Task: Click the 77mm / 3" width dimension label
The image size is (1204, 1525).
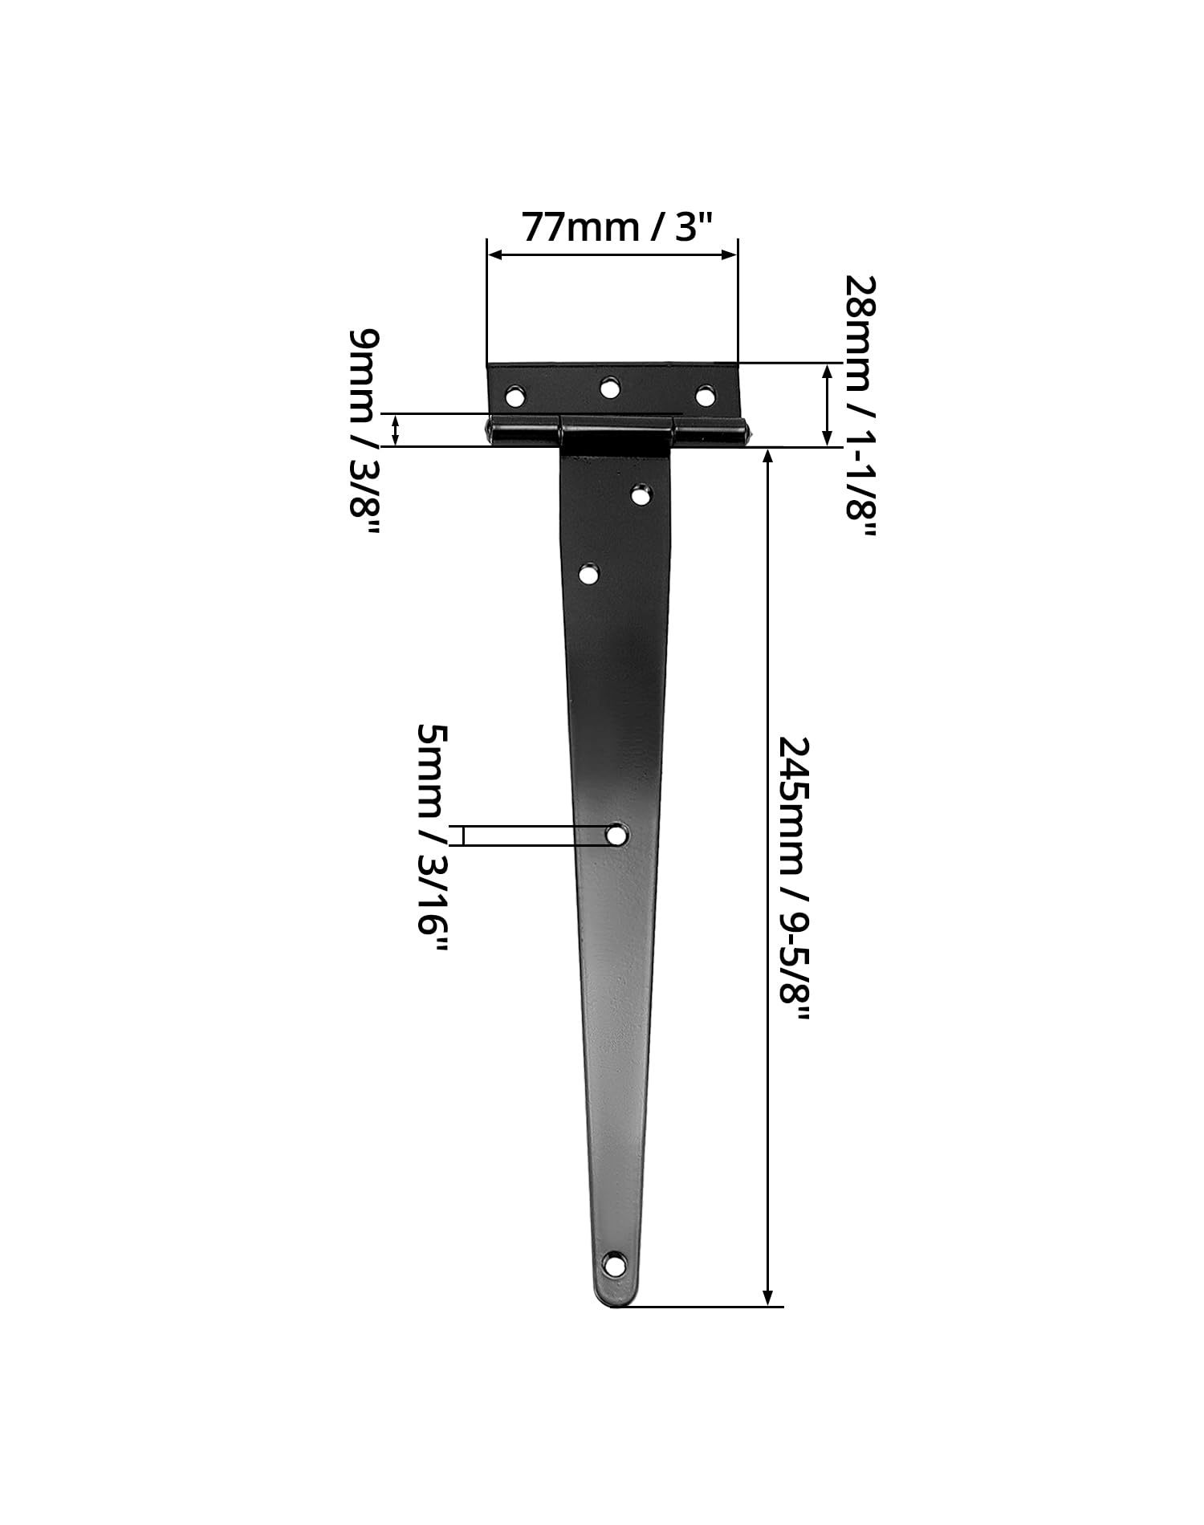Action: [617, 227]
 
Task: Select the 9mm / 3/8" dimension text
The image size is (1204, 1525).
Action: [364, 433]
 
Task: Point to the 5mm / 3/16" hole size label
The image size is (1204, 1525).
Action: [432, 839]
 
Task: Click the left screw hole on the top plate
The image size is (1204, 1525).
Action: [515, 396]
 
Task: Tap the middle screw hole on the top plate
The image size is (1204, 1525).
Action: [611, 388]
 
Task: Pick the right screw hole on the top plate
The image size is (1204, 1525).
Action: [705, 396]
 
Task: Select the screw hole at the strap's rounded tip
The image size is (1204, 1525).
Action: [615, 1265]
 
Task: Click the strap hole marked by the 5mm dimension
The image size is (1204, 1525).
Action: [616, 835]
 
